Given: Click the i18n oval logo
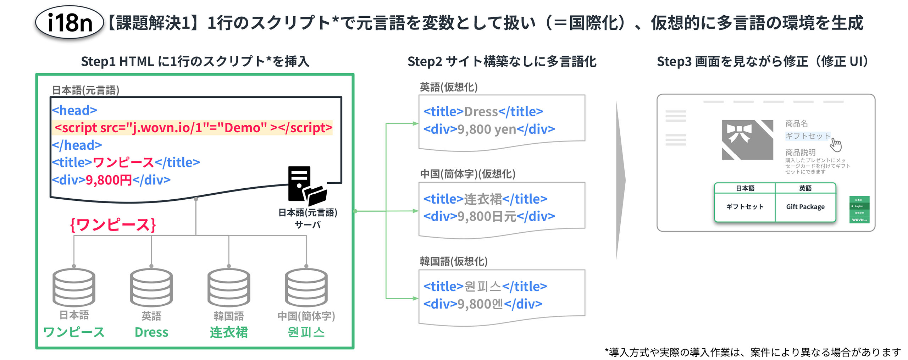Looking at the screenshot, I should pos(69,22).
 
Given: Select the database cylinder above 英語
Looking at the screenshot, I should pos(151,287).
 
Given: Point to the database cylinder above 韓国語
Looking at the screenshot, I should pos(229,287).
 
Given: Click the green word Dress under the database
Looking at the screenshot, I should pos(151,332).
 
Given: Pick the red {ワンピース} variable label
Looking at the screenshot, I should pos(113,225).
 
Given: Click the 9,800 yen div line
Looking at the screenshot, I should pos(489,129).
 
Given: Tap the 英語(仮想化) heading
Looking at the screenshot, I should pos(449,87).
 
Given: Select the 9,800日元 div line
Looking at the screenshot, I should pos(489,216).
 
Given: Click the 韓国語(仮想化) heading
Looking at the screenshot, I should pos(454,261).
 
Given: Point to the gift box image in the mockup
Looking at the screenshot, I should pos(747,140).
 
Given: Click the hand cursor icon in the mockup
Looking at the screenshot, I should pos(836,144).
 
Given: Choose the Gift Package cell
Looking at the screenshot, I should pos(805,207).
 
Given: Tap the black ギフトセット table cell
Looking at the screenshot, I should pos(745,207).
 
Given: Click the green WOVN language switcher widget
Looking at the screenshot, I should pos(859,210).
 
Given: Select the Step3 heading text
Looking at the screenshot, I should pos(763,62).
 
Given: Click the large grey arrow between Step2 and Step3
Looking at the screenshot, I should pos(620,181).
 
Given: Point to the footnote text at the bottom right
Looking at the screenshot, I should pos(753,352).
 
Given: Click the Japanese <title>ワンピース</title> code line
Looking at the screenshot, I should pos(126,162).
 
